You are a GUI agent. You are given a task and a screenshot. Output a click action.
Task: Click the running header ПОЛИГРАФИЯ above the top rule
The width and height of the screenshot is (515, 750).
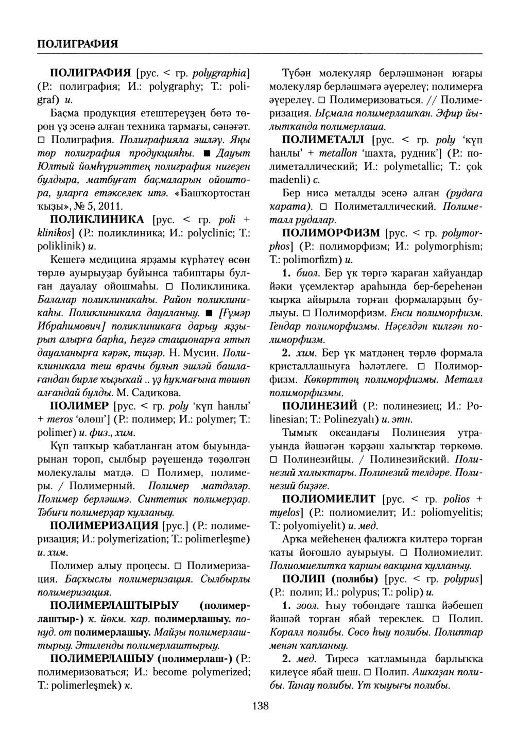point(77,42)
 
